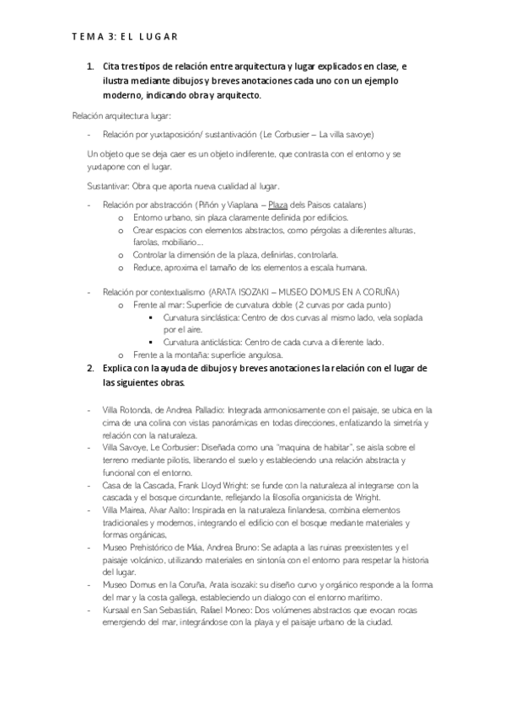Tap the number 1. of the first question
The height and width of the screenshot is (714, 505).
[91, 66]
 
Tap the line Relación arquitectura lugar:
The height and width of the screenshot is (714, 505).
[122, 115]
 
